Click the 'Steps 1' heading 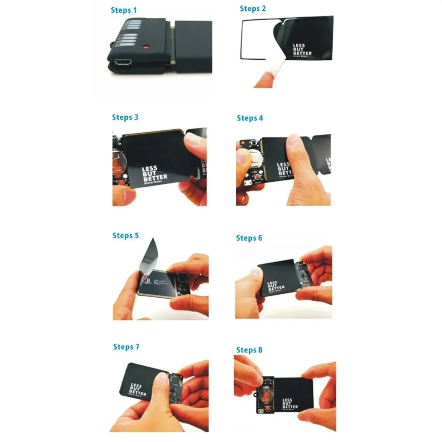click(x=124, y=10)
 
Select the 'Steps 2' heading click(x=253, y=8)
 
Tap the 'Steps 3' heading click(x=125, y=117)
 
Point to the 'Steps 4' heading click(x=250, y=118)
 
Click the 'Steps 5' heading click(x=126, y=235)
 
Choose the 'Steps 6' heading click(x=249, y=238)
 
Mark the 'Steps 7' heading click(x=126, y=347)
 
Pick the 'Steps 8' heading click(x=249, y=350)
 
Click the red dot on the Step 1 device click(x=146, y=47)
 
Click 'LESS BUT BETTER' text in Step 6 click(x=276, y=286)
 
